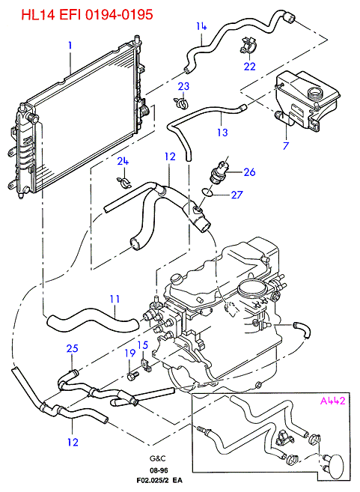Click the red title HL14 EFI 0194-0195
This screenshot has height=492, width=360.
click(87, 15)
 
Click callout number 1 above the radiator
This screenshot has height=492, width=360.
click(70, 46)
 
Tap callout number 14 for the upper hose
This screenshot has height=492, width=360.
click(201, 26)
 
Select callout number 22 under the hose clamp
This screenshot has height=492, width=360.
click(250, 66)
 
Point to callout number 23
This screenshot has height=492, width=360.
click(184, 86)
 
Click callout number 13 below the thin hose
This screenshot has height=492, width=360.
click(222, 132)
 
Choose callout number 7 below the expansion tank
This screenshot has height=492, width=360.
click(286, 145)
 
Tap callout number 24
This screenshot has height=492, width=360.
click(123, 161)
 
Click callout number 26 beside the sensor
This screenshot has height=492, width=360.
click(250, 172)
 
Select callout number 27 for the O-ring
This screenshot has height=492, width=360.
click(237, 195)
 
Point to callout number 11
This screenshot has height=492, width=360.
click(115, 299)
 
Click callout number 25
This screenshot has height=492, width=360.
click(72, 348)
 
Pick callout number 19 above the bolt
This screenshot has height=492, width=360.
click(130, 353)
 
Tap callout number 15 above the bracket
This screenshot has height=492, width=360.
click(143, 345)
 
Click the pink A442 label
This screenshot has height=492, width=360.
click(332, 401)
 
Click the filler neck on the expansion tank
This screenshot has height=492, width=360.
click(314, 93)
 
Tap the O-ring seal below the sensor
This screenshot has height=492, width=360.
click(207, 192)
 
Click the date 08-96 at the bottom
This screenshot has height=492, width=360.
click(159, 470)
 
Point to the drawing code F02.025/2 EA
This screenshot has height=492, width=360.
click(159, 480)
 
